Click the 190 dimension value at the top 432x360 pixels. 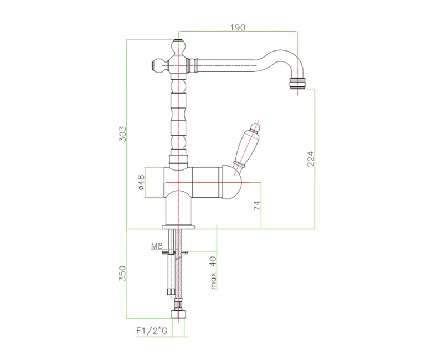pos(238,27)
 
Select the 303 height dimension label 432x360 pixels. pos(122,134)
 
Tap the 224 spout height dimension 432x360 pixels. pos(311,158)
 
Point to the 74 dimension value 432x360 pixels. pos(257,205)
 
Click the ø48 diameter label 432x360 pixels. pos(141,183)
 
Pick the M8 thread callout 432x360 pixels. pos(157,245)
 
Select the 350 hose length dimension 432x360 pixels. pos(122,273)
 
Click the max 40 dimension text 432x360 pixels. pos(214,272)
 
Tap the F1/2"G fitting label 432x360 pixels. pos(152,331)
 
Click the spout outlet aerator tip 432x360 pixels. pos(297,84)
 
